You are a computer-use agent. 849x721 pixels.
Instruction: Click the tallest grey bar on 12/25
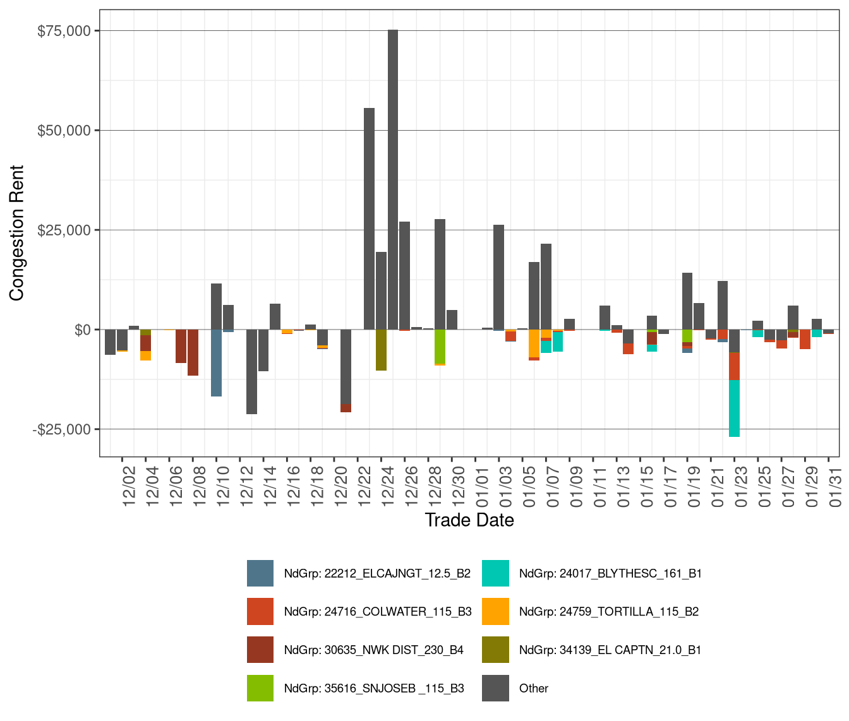pos(393,179)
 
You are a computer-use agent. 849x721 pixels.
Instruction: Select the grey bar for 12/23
pos(369,218)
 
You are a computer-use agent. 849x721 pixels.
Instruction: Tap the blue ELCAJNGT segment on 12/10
pos(216,363)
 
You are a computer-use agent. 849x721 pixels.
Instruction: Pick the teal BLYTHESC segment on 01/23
pos(734,408)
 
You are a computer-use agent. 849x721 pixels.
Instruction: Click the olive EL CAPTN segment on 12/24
pos(381,350)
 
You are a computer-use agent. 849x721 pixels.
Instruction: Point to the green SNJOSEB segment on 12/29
pos(440,347)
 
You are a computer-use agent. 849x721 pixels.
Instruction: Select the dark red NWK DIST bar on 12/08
pos(193,352)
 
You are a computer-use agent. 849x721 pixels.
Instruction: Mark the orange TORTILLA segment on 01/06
pos(534,343)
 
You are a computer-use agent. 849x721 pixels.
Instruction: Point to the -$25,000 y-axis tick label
pos(62,429)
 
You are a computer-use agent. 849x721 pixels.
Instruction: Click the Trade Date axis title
pos(469,520)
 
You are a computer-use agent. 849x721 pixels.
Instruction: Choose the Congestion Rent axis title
pos(16,233)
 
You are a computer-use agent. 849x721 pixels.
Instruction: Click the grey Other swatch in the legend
pos(495,688)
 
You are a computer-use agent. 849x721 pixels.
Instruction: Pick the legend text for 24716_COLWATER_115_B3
pos(378,612)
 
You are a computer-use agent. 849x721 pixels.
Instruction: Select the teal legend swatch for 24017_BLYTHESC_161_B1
pos(495,573)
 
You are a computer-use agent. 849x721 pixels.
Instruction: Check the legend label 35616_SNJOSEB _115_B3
pos(374,688)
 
